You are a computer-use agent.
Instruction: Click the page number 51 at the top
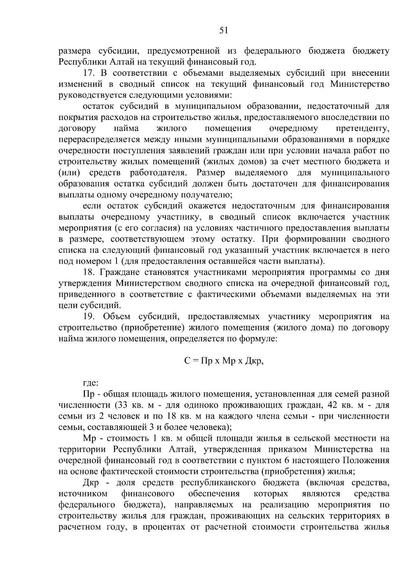(224, 31)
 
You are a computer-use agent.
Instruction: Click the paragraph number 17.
(90, 73)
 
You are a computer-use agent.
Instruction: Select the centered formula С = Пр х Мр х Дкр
(224, 361)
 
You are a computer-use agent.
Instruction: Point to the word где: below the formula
(91, 383)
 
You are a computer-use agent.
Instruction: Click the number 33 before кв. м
(122, 405)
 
